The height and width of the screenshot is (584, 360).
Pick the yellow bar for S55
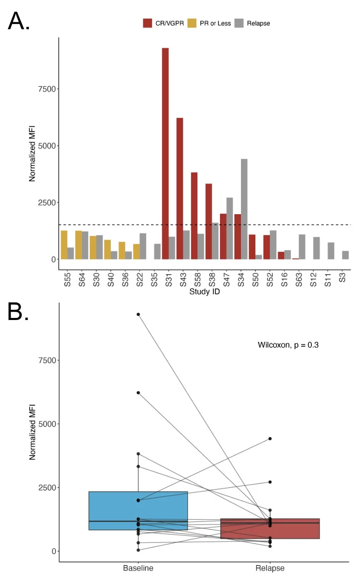click(64, 245)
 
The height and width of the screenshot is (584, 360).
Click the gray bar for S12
click(316, 248)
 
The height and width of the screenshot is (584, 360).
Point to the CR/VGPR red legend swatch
click(147, 23)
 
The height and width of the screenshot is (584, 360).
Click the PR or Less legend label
click(215, 23)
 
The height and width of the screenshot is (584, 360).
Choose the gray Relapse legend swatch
click(239, 23)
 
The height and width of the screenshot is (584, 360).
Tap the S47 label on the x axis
click(227, 279)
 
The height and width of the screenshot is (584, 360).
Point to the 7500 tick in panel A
click(47, 89)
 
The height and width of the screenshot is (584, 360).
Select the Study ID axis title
click(204, 292)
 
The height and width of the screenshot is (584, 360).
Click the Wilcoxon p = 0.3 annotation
click(288, 345)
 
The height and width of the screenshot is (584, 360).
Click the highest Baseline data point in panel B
click(138, 314)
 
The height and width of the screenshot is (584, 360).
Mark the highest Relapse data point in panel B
click(270, 439)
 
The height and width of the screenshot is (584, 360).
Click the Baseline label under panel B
click(138, 568)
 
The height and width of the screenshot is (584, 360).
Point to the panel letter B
click(18, 313)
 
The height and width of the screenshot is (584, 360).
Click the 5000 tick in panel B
click(47, 424)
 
